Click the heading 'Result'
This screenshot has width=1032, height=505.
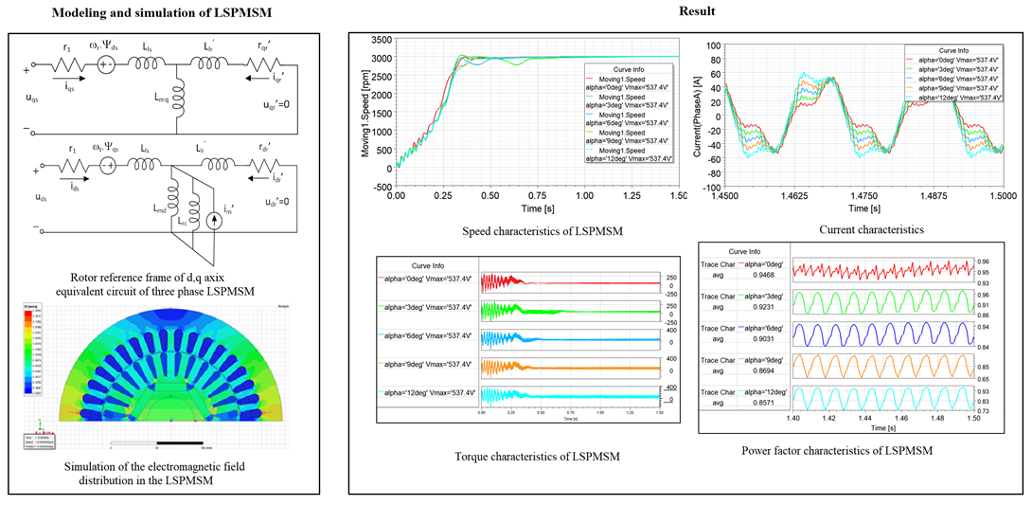[690, 11]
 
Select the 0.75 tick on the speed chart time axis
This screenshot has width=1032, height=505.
[537, 195]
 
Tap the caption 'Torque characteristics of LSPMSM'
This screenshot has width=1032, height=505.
[524, 457]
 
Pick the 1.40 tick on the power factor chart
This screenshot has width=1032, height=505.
[793, 417]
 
